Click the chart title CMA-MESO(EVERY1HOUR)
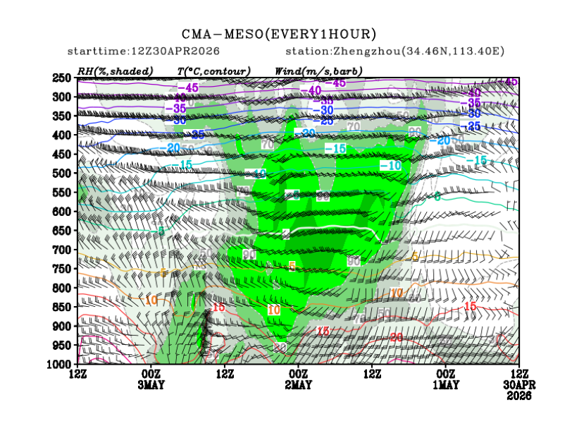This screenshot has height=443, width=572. coord(279,34)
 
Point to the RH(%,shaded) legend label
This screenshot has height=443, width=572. coord(117,71)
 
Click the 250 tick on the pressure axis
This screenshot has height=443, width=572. coord(63,78)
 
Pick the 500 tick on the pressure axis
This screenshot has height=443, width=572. coord(63,174)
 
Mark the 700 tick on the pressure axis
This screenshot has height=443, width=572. coord(63,250)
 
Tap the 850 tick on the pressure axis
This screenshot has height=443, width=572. coord(63,307)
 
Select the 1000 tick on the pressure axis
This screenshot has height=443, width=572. coord(61,364)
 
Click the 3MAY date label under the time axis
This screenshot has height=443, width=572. coord(151,384)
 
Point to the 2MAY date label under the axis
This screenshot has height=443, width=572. coord(298,384)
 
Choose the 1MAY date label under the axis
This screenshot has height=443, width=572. coord(445,384)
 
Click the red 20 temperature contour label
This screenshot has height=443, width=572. coord(396,337)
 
